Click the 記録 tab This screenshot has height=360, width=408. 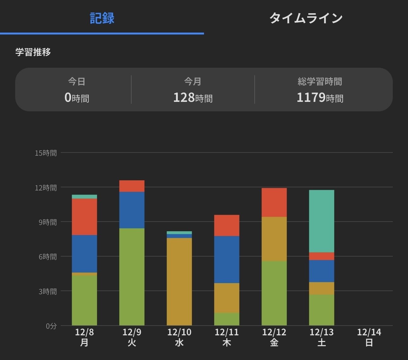click(102, 18)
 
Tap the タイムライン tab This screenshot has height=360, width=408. click(306, 18)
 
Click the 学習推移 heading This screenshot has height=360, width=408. click(33, 52)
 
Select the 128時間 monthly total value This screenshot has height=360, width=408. click(193, 97)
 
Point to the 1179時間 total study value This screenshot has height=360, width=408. click(320, 97)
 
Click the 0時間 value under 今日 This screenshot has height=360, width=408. click(77, 97)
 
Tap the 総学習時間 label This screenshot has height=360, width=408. click(320, 82)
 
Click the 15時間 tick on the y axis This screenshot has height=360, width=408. click(46, 153)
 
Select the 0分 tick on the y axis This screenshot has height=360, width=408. click(51, 326)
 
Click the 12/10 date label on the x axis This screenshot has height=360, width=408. click(179, 332)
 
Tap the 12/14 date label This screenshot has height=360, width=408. click(369, 332)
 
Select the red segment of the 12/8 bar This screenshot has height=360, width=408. click(84, 217)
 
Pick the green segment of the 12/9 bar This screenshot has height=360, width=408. click(132, 277)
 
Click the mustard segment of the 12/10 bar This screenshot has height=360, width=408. click(179, 282)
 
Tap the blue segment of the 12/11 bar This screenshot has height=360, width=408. click(226, 259)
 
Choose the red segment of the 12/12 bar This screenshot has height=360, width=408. click(274, 202)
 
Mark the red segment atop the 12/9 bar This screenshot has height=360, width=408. click(132, 186)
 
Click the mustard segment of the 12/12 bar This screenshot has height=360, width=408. click(274, 239)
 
